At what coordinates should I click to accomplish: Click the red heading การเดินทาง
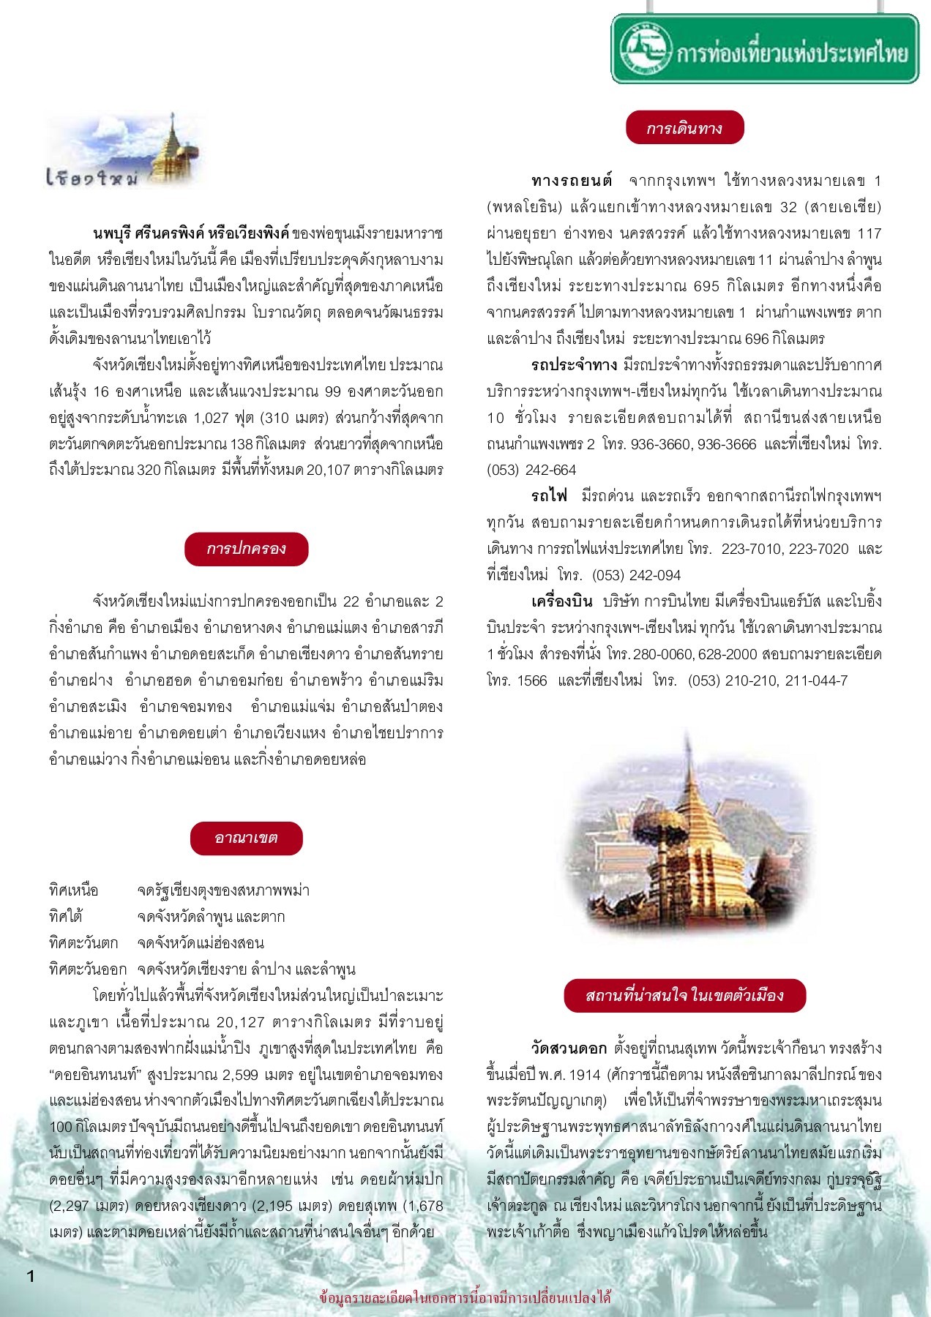(x=684, y=128)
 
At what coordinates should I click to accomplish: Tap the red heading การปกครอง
(x=246, y=549)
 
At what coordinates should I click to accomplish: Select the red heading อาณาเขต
(x=246, y=838)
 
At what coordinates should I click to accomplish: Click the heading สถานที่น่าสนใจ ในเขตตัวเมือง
(x=684, y=995)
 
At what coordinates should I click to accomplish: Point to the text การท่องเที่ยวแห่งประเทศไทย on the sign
(x=792, y=53)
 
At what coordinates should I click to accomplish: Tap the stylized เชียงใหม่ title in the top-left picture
(x=91, y=178)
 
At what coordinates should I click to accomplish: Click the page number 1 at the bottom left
(x=31, y=1277)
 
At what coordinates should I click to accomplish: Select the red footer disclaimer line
(x=465, y=1299)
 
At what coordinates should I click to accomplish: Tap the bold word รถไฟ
(x=550, y=496)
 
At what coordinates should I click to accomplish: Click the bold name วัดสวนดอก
(x=569, y=1048)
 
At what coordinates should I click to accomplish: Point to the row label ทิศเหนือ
(x=73, y=890)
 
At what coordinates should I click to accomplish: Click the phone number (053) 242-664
(x=531, y=470)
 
